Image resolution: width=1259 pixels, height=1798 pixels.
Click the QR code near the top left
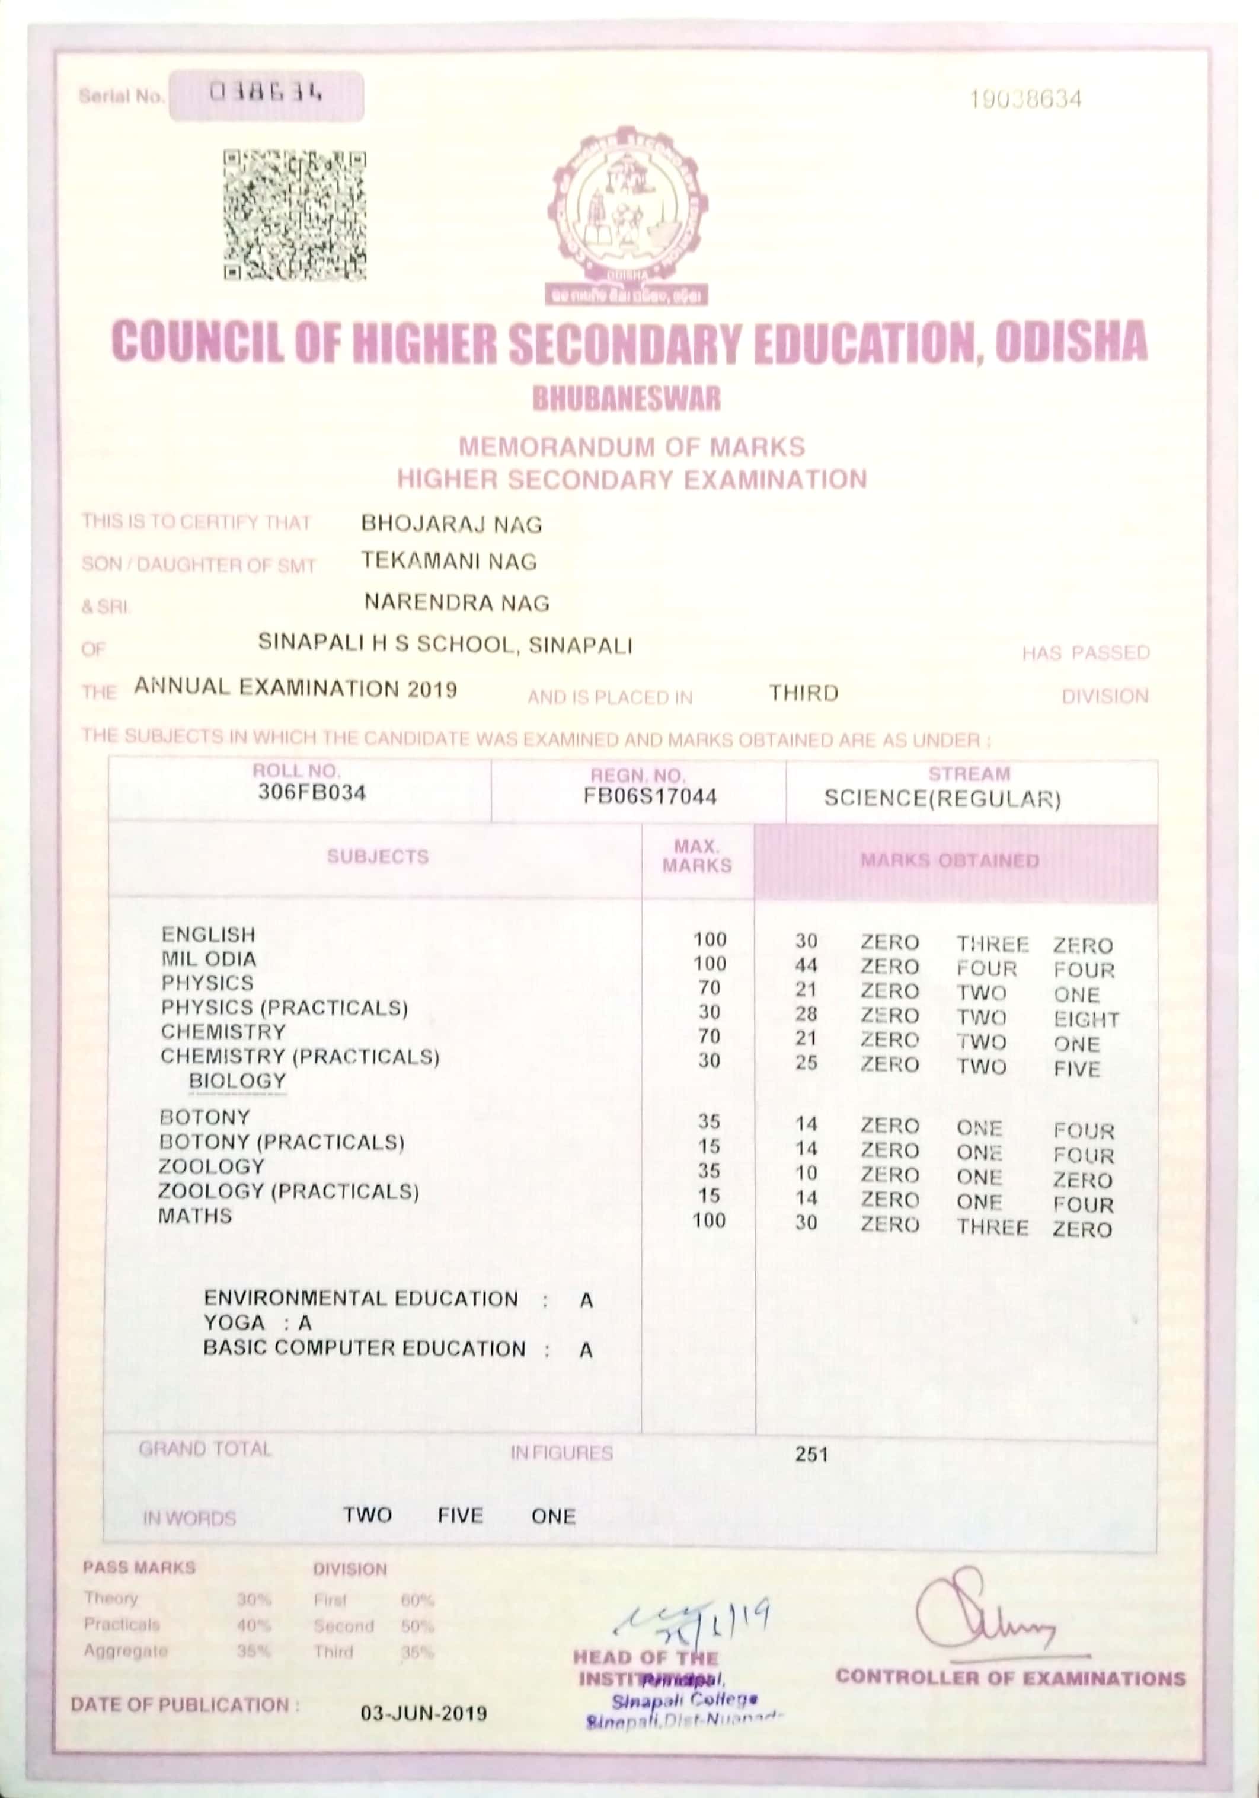pyautogui.click(x=295, y=215)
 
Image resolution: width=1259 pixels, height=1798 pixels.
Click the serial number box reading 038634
pyautogui.click(x=266, y=95)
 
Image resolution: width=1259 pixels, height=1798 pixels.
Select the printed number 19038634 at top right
pyautogui.click(x=1025, y=100)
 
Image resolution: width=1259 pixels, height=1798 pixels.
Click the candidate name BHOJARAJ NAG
pyautogui.click(x=451, y=524)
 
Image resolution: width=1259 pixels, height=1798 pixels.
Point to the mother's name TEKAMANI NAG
pyautogui.click(x=449, y=562)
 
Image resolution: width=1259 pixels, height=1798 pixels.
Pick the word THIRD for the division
pyautogui.click(x=803, y=693)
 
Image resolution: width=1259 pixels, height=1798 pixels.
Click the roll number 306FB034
pyautogui.click(x=312, y=792)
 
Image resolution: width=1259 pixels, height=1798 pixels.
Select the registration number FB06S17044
pyautogui.click(x=650, y=797)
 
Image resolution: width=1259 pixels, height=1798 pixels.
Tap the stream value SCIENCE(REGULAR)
pyautogui.click(x=942, y=799)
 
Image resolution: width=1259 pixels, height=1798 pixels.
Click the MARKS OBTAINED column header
pyautogui.click(x=950, y=860)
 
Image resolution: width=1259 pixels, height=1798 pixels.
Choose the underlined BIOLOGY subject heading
pyautogui.click(x=237, y=1080)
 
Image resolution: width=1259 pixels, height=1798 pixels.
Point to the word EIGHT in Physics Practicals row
pyautogui.click(x=1087, y=1019)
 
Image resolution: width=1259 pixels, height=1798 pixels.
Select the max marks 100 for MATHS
pyautogui.click(x=708, y=1220)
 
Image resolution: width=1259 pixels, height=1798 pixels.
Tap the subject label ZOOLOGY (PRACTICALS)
pyautogui.click(x=288, y=1192)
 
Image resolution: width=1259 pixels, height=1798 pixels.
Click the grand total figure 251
pyautogui.click(x=811, y=1455)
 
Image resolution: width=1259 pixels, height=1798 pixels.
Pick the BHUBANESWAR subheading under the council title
pyautogui.click(x=627, y=399)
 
